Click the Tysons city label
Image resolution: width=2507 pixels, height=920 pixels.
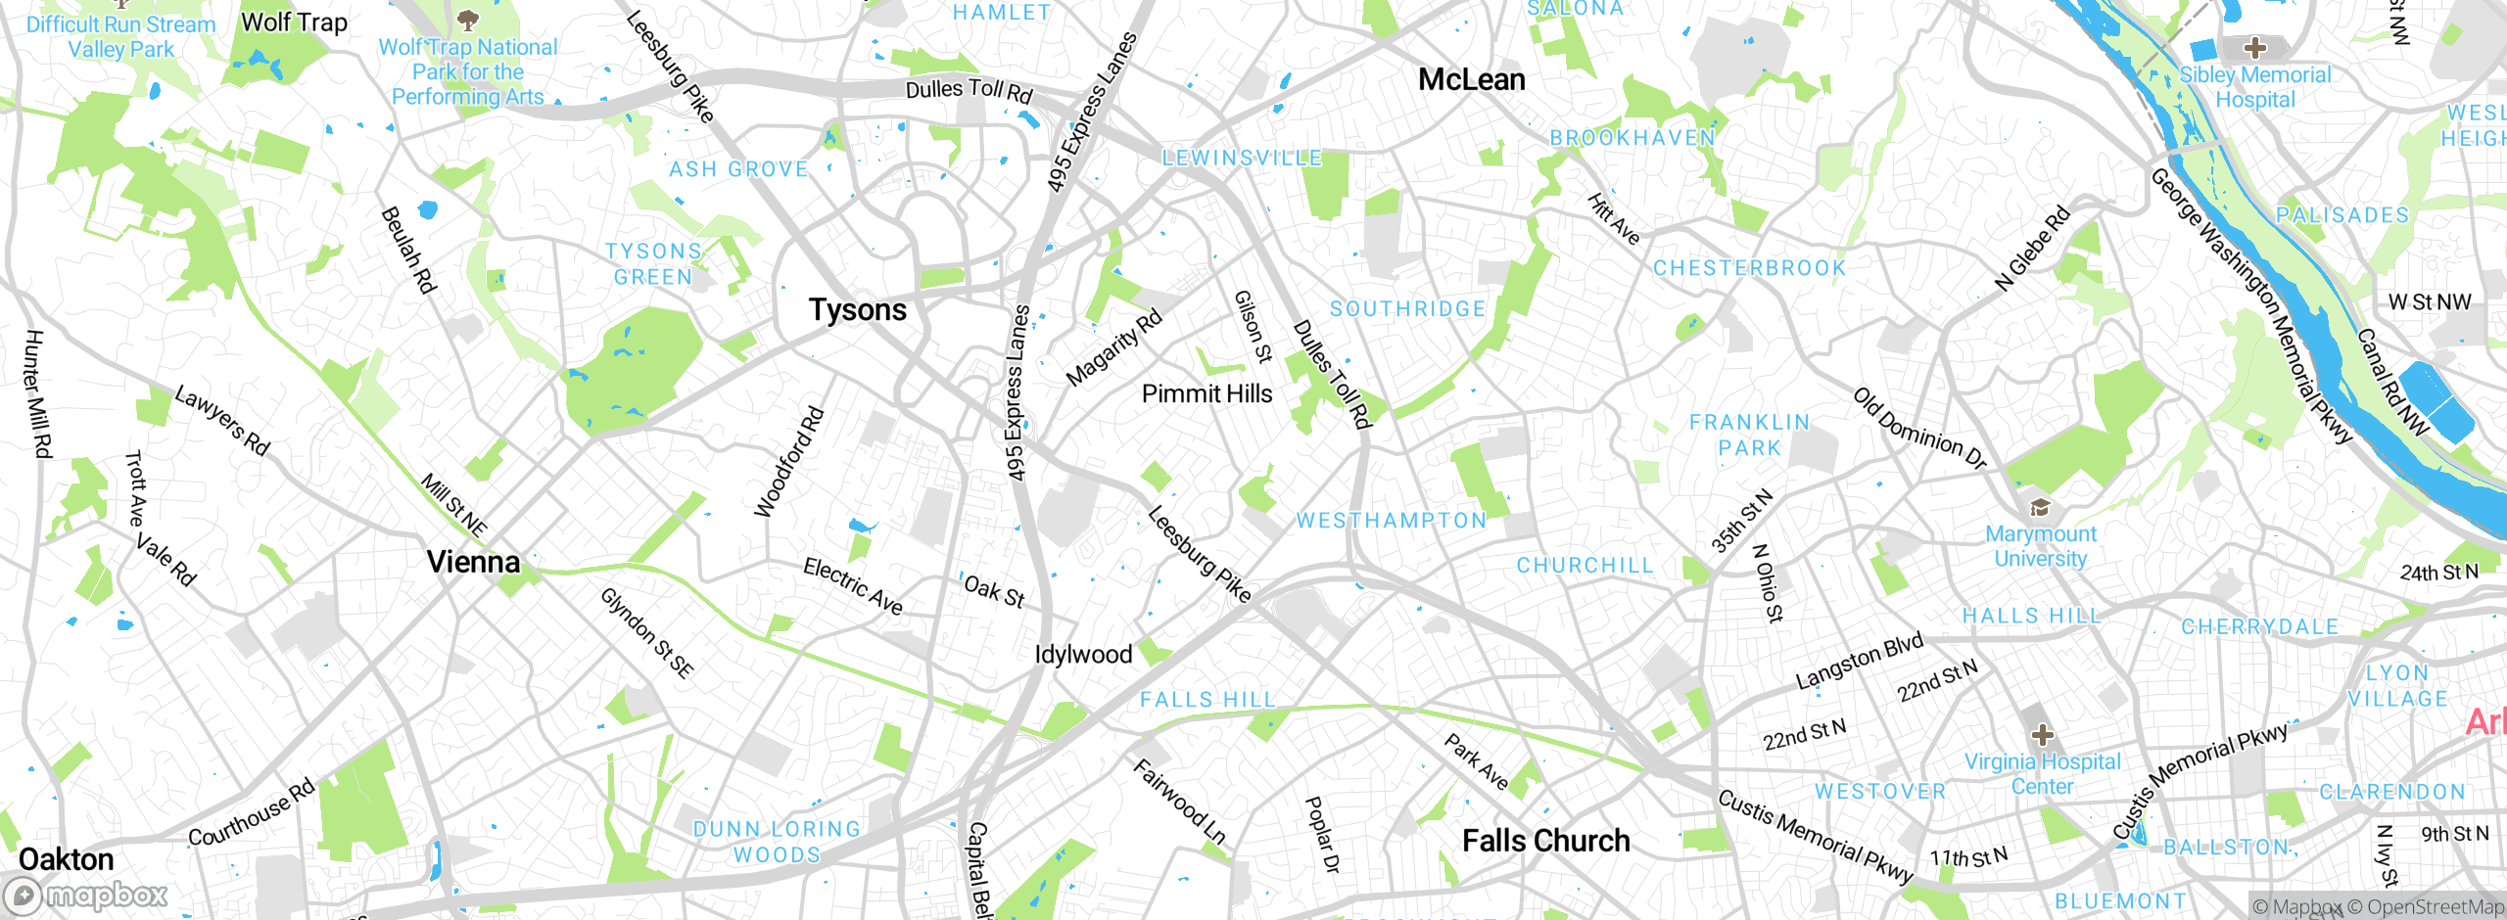click(858, 310)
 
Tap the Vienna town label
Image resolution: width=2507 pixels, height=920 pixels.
click(473, 562)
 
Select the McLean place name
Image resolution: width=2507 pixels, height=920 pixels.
click(1471, 80)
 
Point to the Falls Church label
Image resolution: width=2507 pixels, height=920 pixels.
click(1545, 841)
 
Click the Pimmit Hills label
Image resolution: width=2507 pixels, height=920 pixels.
click(1206, 394)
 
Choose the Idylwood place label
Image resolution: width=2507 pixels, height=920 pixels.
click(1083, 655)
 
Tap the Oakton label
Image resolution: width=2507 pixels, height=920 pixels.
click(67, 859)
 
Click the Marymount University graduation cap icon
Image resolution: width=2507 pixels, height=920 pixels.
click(2040, 507)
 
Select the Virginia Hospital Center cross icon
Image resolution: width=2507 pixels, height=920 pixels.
click(2042, 734)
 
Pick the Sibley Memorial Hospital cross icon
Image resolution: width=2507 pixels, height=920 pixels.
click(2254, 47)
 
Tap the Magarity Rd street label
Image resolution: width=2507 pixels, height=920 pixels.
click(1113, 347)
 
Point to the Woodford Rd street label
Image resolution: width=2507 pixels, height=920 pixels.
click(789, 462)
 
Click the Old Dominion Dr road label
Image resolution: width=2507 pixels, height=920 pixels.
click(1918, 428)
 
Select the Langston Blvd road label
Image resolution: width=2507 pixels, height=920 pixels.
click(1859, 662)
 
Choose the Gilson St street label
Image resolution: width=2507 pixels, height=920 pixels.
click(1253, 326)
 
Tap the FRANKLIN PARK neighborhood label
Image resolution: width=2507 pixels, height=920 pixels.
click(1749, 435)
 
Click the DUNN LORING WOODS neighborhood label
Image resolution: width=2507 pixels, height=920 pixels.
click(777, 842)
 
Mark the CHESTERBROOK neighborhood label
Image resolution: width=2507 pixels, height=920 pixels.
click(1749, 268)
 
